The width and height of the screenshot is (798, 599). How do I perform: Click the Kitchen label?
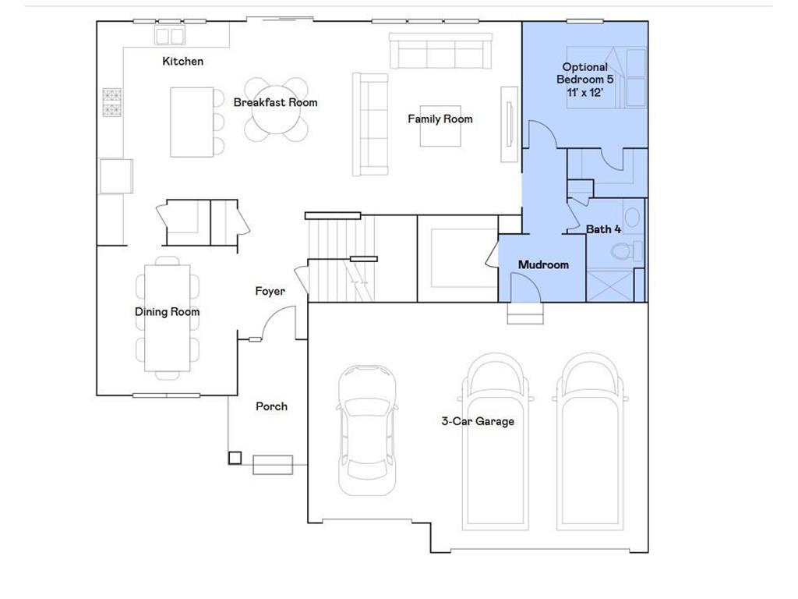click(x=182, y=61)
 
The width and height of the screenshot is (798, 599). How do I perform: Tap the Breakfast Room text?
click(x=275, y=102)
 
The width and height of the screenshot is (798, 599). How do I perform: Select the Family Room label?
click(x=440, y=119)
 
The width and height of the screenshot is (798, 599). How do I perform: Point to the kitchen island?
click(x=192, y=122)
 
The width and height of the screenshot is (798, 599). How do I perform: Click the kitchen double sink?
click(x=170, y=36)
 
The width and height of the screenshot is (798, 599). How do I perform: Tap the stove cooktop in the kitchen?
click(x=112, y=103)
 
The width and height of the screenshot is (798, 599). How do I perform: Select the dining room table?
click(x=167, y=318)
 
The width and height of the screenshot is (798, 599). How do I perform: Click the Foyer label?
click(x=270, y=291)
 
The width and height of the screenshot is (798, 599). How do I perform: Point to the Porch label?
click(x=271, y=406)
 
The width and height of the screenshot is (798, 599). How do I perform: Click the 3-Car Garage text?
click(x=478, y=421)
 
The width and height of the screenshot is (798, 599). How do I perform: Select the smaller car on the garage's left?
click(x=367, y=428)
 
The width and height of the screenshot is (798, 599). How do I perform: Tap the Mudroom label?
click(x=543, y=264)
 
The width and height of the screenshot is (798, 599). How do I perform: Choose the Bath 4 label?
click(x=604, y=229)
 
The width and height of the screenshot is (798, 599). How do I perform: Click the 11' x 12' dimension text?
click(x=584, y=91)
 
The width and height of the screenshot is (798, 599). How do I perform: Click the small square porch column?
click(x=235, y=458)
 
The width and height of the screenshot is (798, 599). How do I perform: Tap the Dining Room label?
click(x=167, y=312)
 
